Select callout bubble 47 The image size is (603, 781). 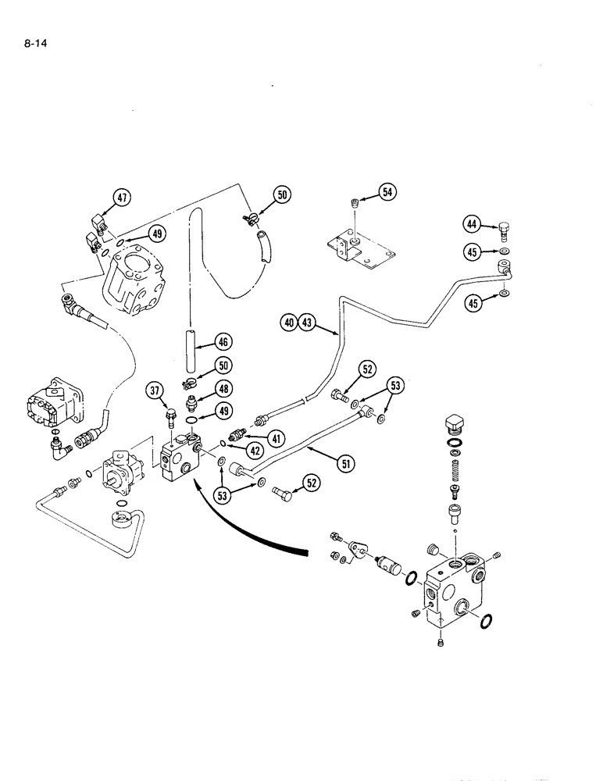click(x=123, y=198)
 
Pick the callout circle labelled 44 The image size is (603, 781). click(x=472, y=224)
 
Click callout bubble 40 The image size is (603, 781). click(x=289, y=322)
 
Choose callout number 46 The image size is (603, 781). click(x=223, y=341)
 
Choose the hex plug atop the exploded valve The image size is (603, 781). click(x=454, y=423)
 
